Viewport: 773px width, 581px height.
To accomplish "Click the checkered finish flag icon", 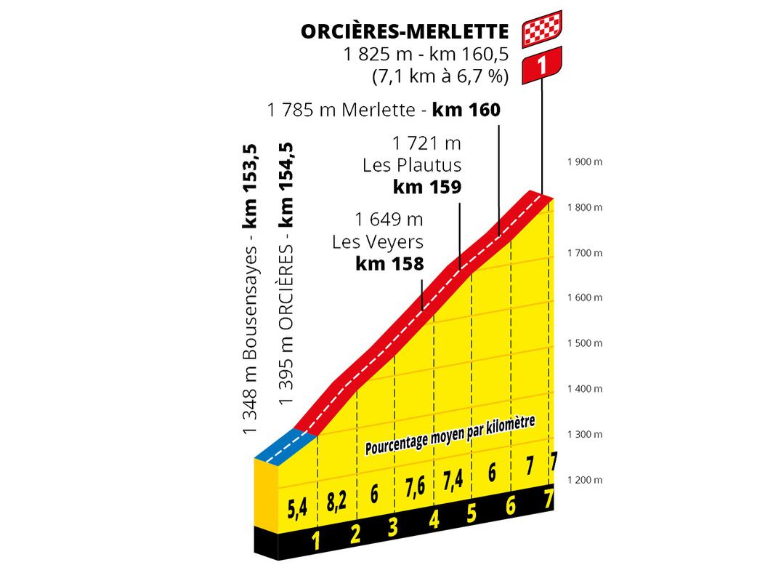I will click(x=541, y=28).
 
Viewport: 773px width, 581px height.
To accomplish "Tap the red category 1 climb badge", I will click(x=541, y=63).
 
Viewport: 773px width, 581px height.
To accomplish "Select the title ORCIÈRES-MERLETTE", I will click(x=405, y=32).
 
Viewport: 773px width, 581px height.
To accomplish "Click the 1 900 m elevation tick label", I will click(x=585, y=162).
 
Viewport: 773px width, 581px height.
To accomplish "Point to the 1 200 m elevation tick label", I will click(x=585, y=480).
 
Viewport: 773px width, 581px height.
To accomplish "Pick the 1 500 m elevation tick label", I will click(x=585, y=343).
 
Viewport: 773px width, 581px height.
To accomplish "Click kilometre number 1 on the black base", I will click(x=316, y=540).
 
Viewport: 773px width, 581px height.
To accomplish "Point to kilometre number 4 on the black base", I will click(x=434, y=520).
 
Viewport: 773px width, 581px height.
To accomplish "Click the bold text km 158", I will click(x=389, y=264).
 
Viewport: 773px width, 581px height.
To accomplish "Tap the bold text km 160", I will click(x=466, y=111).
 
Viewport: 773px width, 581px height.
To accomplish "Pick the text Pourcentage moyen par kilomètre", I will click(x=450, y=435).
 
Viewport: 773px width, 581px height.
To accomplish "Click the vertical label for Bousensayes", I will click(x=251, y=291).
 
